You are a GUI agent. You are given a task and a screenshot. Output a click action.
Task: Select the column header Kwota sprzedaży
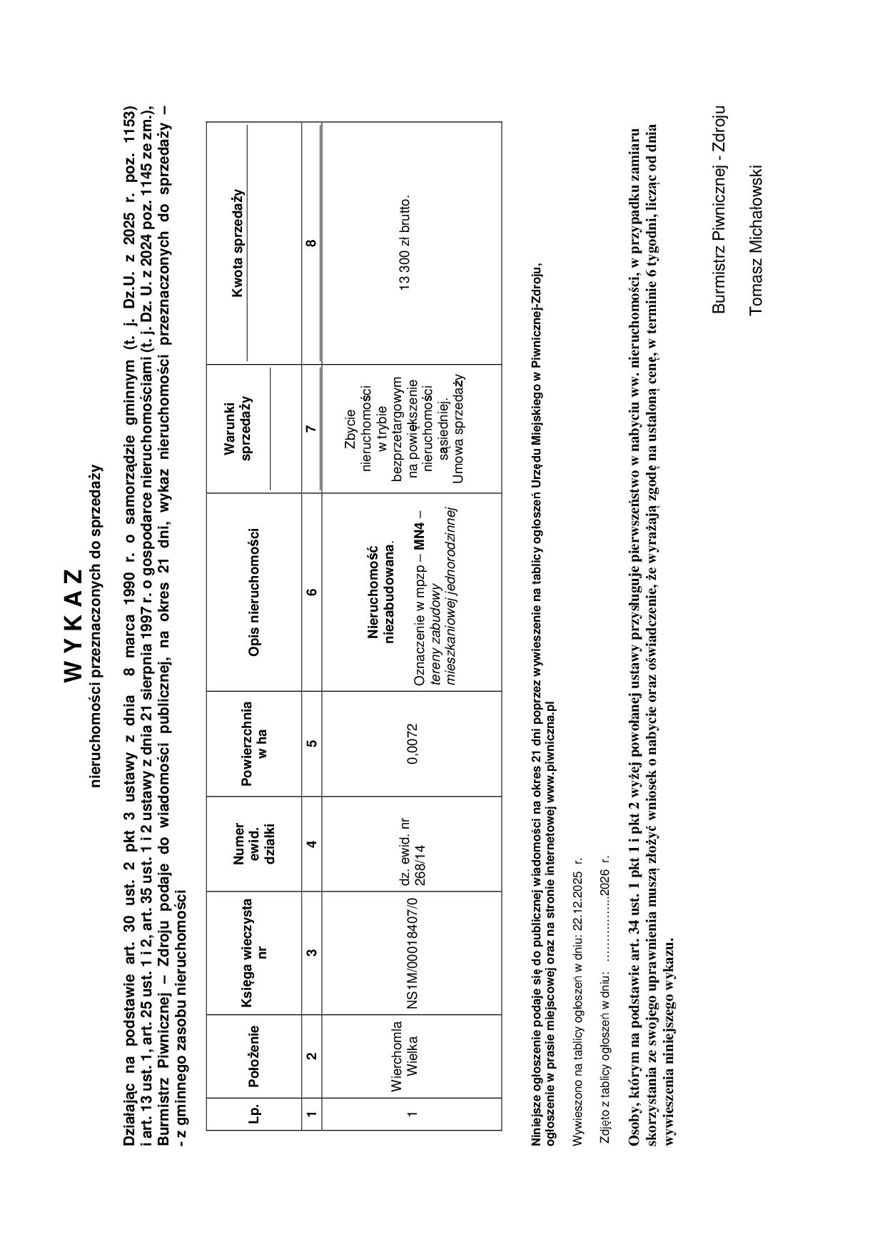click(238, 243)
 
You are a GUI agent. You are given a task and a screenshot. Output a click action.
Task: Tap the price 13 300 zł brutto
click(405, 243)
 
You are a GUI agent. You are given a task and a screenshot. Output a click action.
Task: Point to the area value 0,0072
click(413, 743)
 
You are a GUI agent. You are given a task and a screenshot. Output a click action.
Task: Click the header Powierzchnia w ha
click(254, 743)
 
